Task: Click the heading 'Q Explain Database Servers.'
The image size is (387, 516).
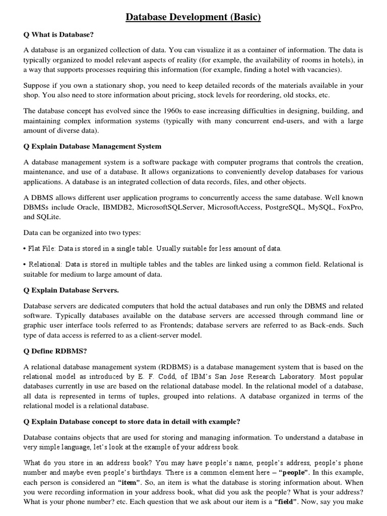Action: [x=71, y=290]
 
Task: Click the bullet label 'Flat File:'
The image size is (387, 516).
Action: [x=43, y=248]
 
